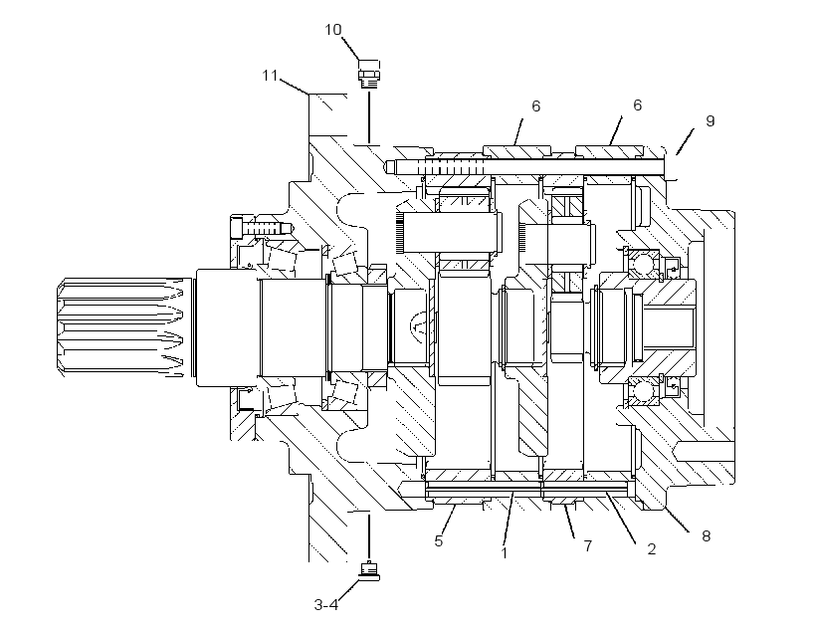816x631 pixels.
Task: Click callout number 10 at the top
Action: pyautogui.click(x=333, y=30)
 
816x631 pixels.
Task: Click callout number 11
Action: pyautogui.click(x=270, y=76)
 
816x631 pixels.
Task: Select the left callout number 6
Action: pyautogui.click(x=536, y=106)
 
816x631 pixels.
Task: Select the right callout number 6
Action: pyautogui.click(x=638, y=105)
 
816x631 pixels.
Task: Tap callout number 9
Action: pyautogui.click(x=711, y=120)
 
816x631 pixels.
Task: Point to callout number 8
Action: pyautogui.click(x=707, y=535)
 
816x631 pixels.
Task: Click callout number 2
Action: pyautogui.click(x=651, y=548)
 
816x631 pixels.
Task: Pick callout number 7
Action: pyautogui.click(x=588, y=545)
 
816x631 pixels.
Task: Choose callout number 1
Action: pyautogui.click(x=504, y=552)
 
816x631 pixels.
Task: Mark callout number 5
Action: pyautogui.click(x=439, y=541)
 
